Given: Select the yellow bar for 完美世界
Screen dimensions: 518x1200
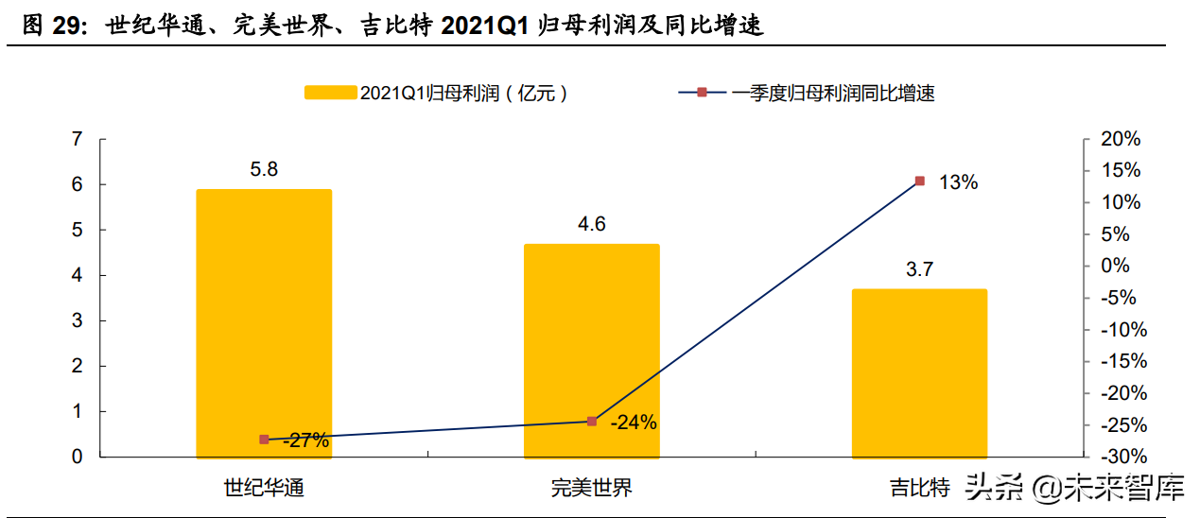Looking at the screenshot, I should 592,351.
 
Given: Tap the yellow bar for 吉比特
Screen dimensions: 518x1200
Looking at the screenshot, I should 919,373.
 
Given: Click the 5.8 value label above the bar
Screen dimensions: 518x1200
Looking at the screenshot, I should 264,170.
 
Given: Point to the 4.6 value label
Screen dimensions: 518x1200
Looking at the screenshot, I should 592,224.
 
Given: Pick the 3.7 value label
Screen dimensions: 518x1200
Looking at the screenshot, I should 919,269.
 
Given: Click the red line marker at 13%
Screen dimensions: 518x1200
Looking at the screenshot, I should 919,181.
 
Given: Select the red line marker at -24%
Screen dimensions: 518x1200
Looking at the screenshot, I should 592,421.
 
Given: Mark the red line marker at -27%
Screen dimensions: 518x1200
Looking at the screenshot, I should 264,440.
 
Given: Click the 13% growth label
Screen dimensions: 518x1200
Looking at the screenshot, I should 958,182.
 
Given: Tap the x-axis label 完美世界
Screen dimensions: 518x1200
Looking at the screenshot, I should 592,488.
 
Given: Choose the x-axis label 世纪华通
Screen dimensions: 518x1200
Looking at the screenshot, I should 264,488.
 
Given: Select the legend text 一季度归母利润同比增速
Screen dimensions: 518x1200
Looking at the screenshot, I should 831,93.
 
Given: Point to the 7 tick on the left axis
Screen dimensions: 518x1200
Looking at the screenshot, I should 77,140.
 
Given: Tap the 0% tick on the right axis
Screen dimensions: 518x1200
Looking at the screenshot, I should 1116,267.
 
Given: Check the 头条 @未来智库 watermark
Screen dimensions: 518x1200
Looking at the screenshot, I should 1073,488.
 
